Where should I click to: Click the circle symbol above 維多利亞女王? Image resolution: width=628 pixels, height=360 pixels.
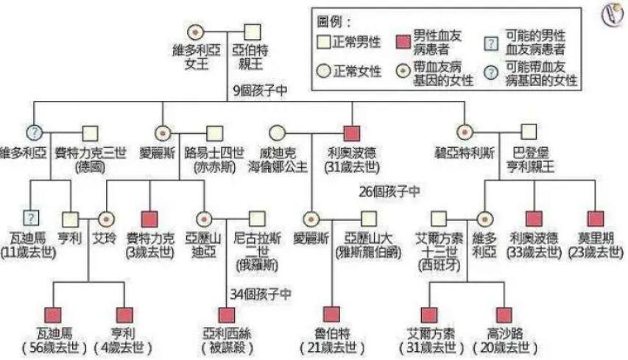pos(196,32)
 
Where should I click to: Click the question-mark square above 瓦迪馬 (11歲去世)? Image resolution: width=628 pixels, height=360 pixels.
pos(30,218)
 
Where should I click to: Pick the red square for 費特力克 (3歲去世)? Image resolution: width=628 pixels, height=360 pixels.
pos(150,219)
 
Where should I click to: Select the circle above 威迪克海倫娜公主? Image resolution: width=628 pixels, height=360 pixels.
pos(277,134)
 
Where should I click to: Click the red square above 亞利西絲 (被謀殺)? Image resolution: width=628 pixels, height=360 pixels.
pos(227,314)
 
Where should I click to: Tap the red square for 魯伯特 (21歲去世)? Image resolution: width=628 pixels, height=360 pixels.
pos(330,314)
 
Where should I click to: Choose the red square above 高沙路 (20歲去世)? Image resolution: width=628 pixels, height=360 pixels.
pos(504,314)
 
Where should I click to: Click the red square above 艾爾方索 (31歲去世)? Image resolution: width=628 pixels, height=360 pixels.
pos(429,314)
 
